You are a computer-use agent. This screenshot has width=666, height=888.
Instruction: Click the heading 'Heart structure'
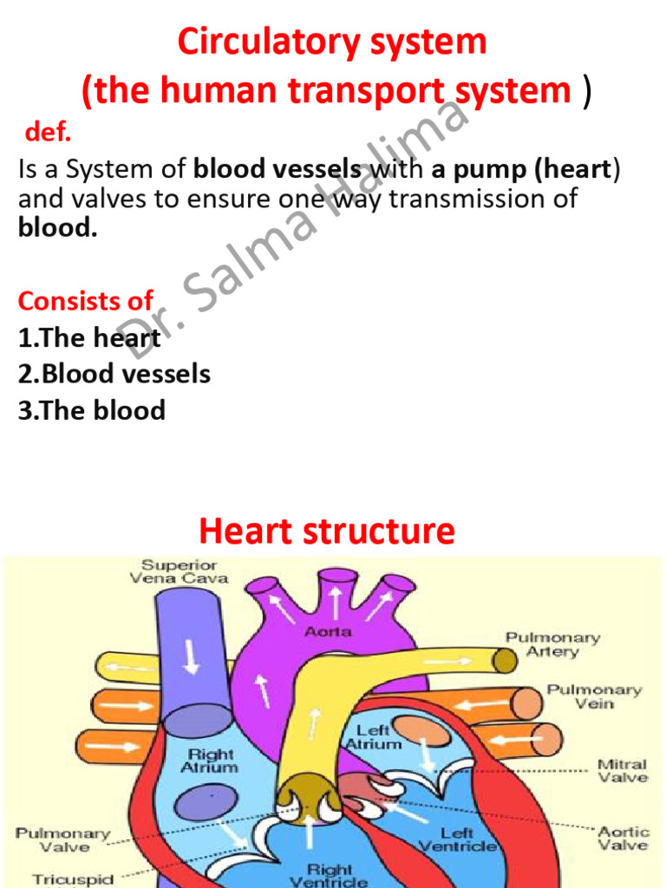click(x=327, y=531)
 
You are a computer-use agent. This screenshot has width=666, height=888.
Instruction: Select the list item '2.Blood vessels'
click(x=114, y=374)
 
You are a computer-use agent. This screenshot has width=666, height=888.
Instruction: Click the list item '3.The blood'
click(x=91, y=409)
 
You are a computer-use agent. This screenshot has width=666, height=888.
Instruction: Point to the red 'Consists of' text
click(x=85, y=301)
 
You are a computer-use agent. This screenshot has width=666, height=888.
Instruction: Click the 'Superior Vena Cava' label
click(x=180, y=571)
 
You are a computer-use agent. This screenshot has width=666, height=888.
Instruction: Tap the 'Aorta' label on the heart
click(x=328, y=632)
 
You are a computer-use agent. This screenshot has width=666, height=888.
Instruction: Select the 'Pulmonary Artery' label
click(x=552, y=644)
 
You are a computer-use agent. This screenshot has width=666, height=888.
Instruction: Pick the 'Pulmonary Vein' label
click(x=594, y=696)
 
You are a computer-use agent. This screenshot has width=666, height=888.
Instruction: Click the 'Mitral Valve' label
click(x=623, y=771)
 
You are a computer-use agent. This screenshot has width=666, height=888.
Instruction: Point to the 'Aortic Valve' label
click(x=623, y=838)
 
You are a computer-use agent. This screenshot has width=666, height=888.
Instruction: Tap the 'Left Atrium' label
click(x=374, y=737)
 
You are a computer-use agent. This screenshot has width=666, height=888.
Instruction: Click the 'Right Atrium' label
click(x=209, y=761)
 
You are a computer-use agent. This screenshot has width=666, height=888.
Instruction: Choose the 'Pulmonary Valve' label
click(x=62, y=839)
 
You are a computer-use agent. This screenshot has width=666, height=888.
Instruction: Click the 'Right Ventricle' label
click(x=330, y=874)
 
